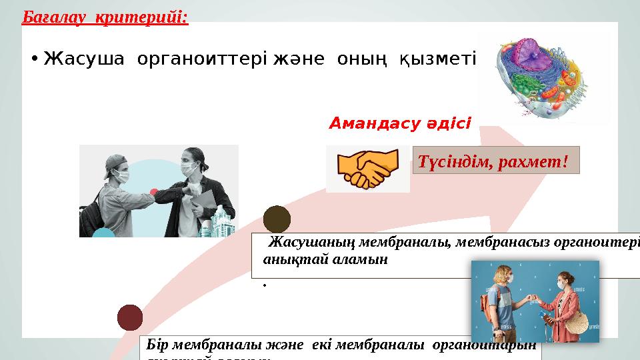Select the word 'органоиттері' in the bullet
(x=201, y=59)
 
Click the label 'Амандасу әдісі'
(x=400, y=123)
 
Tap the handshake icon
(x=367, y=169)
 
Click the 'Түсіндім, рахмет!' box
(x=496, y=160)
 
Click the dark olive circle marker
(x=277, y=219)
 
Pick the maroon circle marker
(x=130, y=317)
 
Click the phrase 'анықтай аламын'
(x=325, y=260)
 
